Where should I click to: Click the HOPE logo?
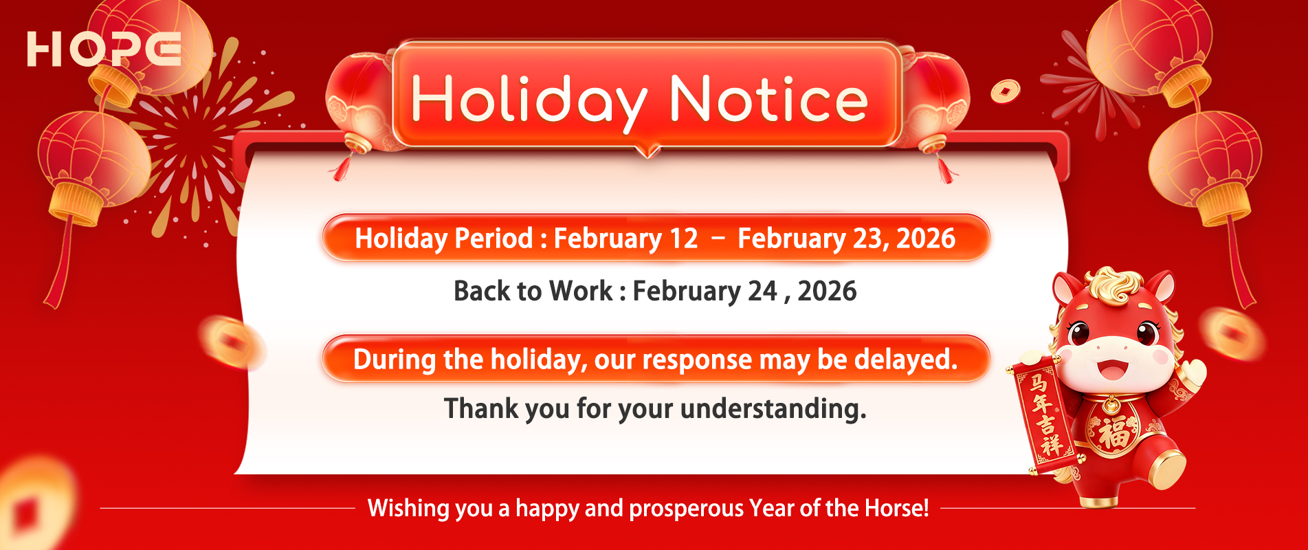(x=104, y=49)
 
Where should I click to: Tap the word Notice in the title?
(x=768, y=100)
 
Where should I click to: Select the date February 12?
(x=625, y=239)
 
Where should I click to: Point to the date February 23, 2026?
(x=846, y=239)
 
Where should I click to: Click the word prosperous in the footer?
(x=687, y=508)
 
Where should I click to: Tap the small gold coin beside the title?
(x=1005, y=90)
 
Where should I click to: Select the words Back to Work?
(x=533, y=291)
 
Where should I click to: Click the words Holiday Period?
(x=443, y=239)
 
